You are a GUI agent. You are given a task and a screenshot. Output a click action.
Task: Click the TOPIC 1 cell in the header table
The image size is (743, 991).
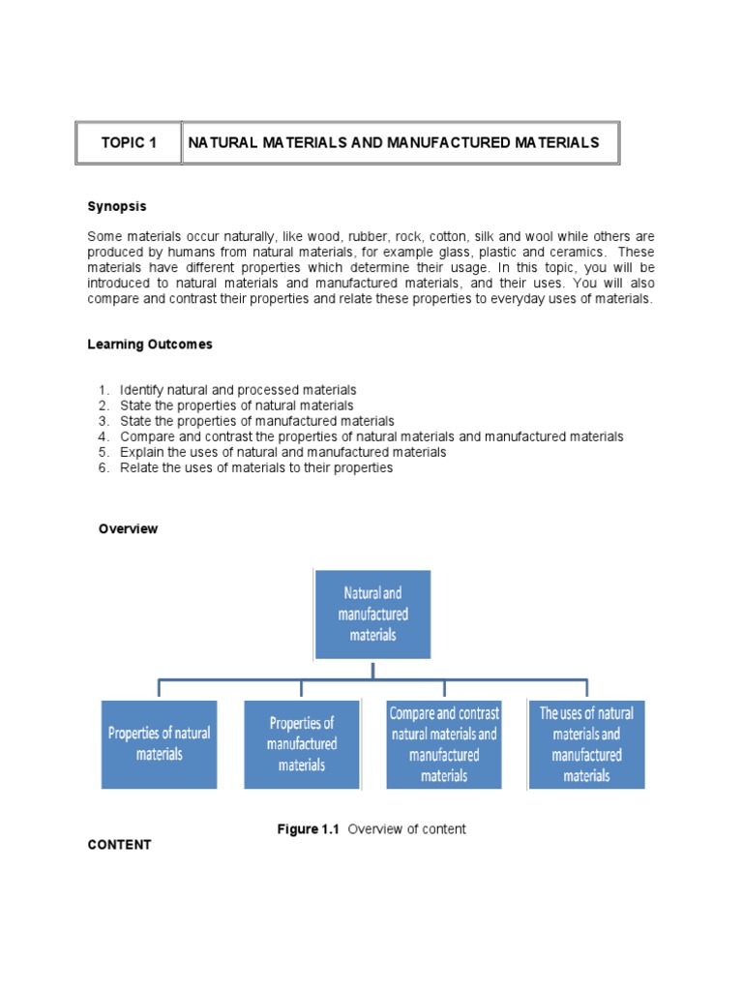[x=129, y=143]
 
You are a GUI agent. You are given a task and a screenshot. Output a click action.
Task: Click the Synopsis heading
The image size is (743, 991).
[x=117, y=206]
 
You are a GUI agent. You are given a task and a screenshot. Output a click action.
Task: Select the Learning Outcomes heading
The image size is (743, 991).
[x=150, y=345]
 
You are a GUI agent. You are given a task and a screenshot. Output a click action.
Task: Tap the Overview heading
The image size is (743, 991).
[x=129, y=529]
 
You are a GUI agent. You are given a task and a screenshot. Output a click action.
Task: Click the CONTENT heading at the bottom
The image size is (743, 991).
[x=119, y=845]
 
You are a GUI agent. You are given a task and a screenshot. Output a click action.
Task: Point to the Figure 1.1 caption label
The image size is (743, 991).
[x=310, y=829]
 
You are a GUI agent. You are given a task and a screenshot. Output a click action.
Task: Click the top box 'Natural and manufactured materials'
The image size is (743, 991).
[x=372, y=614]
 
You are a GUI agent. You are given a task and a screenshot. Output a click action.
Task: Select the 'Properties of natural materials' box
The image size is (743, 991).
[x=159, y=743]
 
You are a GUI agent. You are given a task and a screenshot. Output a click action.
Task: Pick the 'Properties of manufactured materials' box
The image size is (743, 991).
[x=302, y=743]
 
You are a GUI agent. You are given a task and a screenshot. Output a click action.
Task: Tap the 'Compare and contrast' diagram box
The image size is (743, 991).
[x=444, y=743]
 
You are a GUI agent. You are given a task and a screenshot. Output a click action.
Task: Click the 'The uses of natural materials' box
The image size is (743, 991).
[x=586, y=743]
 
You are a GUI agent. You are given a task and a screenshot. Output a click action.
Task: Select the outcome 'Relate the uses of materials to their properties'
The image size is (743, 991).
[x=255, y=467]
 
